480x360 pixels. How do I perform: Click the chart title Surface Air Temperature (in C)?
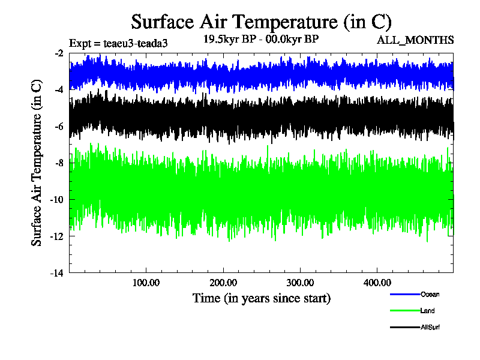(261, 22)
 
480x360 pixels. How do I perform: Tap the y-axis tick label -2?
(59, 53)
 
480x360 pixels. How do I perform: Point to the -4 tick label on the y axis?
(59, 90)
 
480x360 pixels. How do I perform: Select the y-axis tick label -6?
(59, 127)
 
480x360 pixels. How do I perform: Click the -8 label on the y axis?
(59, 163)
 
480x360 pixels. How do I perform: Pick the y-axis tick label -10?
(57, 200)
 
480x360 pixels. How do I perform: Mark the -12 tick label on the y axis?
(57, 236)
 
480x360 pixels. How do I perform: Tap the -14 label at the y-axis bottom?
(57, 273)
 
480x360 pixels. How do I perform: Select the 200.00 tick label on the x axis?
(223, 283)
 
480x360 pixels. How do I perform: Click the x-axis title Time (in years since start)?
(262, 298)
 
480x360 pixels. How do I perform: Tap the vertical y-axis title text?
(37, 163)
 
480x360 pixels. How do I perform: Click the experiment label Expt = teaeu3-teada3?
(118, 43)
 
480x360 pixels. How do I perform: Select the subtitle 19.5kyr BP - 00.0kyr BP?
(261, 40)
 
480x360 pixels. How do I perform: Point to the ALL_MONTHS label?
(415, 40)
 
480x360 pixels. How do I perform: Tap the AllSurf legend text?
(431, 327)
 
